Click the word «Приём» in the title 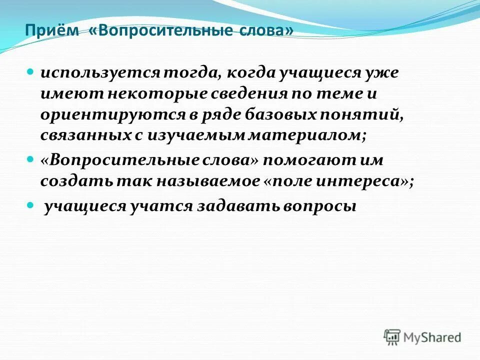point(52,31)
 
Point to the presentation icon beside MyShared point(392,337)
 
